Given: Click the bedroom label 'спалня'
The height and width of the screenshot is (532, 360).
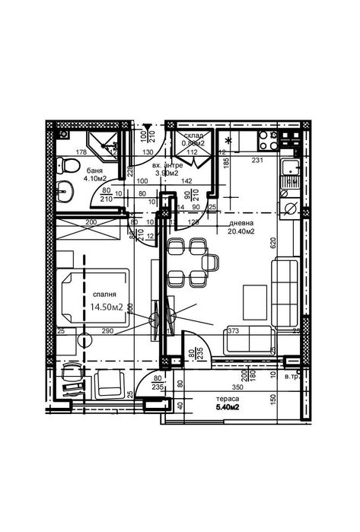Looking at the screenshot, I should (x=105, y=295).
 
